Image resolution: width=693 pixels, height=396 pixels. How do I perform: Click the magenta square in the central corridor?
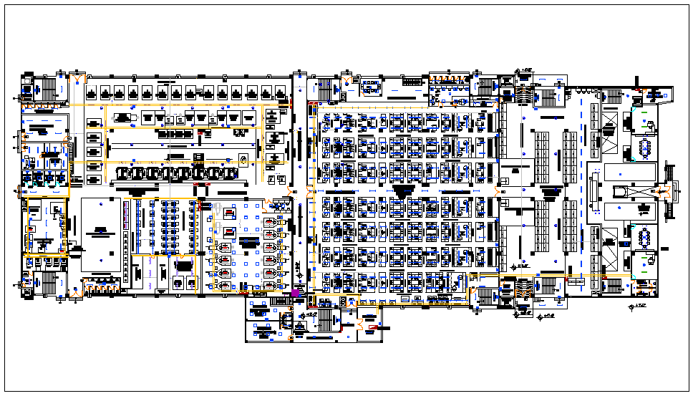pyautogui.click(x=295, y=293)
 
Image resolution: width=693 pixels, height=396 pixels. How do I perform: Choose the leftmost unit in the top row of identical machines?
pyautogui.click(x=92, y=92)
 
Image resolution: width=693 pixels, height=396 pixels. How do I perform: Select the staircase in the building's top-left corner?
pyautogui.click(x=49, y=89)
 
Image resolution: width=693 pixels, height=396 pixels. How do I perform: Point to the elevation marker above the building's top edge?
pyautogui.click(x=527, y=69)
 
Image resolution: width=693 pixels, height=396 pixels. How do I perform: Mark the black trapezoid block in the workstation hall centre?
pyautogui.click(x=403, y=191)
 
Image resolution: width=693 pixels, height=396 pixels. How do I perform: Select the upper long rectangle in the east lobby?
pyautogui.click(x=630, y=172)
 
